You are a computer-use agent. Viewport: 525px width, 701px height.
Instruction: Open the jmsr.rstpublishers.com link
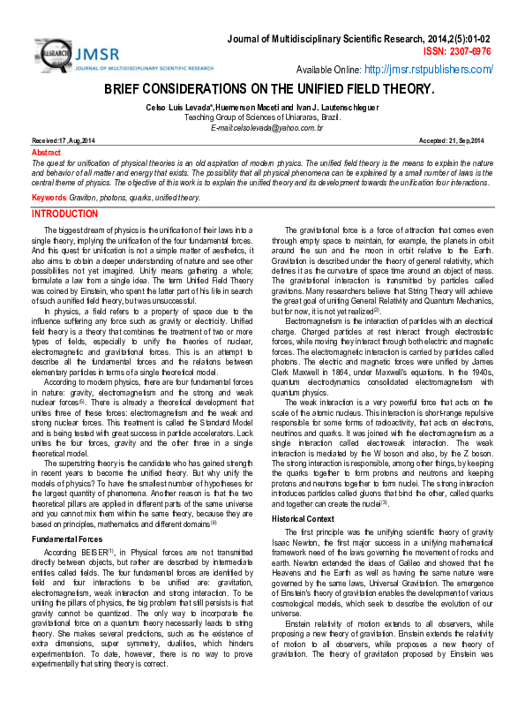[428, 69]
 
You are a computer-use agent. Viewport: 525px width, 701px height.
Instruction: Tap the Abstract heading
[46, 152]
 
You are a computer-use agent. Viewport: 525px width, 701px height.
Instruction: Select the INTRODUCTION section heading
[72, 215]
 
